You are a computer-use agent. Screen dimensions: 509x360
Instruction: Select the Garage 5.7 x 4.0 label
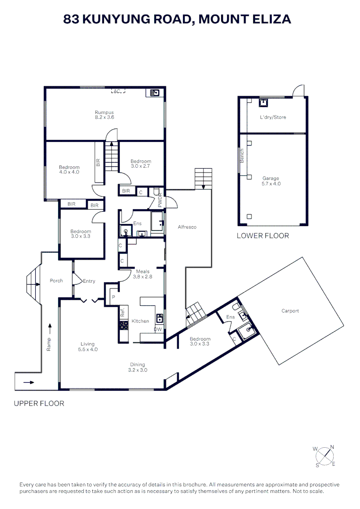(271, 181)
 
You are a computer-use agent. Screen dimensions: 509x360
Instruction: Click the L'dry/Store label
(273, 117)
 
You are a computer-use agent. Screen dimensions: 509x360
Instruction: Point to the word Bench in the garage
(242, 156)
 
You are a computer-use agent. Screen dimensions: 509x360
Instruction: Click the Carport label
(290, 311)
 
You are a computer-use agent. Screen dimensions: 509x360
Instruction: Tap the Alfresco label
(187, 227)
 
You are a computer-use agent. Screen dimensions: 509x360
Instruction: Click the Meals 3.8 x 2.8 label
(143, 274)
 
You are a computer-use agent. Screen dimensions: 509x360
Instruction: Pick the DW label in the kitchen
(158, 329)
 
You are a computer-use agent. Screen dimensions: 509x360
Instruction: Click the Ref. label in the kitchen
(122, 312)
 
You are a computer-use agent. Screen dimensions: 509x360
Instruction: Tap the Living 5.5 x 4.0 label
(87, 346)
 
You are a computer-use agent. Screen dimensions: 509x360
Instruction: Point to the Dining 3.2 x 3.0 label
(138, 367)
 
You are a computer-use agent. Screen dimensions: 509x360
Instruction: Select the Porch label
(56, 281)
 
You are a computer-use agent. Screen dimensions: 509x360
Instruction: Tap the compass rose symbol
(324, 456)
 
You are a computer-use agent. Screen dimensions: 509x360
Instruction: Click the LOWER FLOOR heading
(262, 236)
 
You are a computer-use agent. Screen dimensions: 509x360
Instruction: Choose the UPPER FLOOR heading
(39, 403)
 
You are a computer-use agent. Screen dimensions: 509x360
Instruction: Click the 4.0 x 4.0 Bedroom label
(69, 170)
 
